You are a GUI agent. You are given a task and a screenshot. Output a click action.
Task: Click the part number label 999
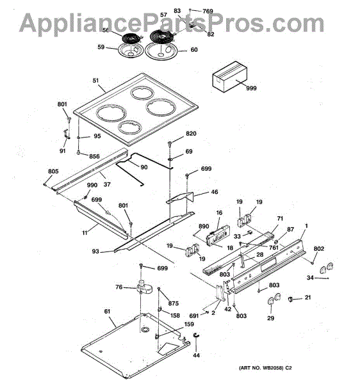pos(251,88)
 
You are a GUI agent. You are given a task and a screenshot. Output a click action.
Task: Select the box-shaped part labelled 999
pos(229,76)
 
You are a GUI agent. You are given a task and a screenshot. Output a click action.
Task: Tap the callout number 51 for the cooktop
pos(95,81)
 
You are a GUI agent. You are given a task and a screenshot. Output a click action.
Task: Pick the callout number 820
pos(191,134)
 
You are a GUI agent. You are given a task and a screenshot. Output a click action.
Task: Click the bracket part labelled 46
pos(180,198)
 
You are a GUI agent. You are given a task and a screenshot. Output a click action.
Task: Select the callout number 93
pos(95,252)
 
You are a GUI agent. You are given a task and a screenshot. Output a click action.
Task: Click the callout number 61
pos(107,311)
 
